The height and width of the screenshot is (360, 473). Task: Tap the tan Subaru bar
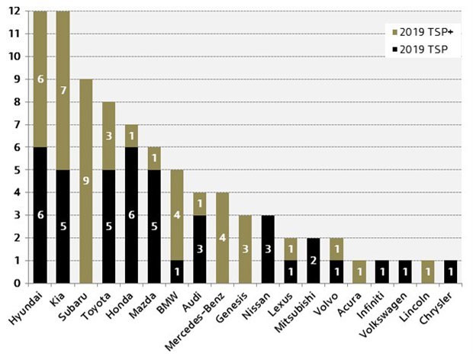pyautogui.click(x=85, y=181)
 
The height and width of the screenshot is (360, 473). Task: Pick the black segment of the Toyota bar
pyautogui.click(x=110, y=227)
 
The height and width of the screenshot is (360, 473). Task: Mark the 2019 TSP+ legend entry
pyautogui.click(x=420, y=33)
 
